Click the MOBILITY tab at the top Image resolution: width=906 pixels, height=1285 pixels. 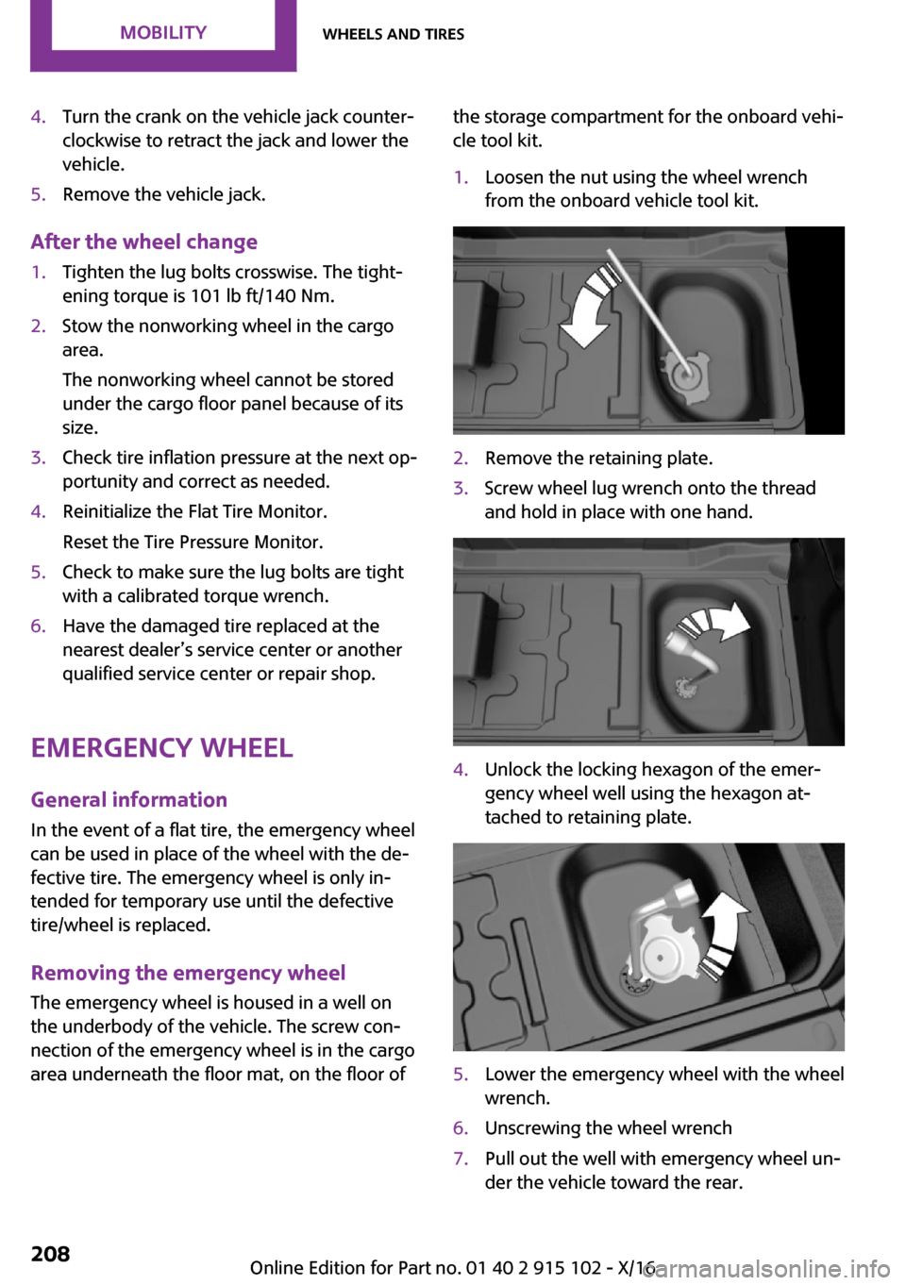tap(162, 33)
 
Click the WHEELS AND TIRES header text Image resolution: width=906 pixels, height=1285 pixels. tap(393, 34)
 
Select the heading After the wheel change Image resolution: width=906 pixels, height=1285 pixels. tap(143, 242)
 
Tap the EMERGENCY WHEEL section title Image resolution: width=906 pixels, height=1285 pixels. tap(161, 748)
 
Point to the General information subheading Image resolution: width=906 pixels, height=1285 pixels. tap(128, 800)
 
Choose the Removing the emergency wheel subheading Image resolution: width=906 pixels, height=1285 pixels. tap(188, 973)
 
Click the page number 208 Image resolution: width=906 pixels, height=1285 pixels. tap(50, 1254)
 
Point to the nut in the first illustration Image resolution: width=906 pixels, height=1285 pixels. tap(687, 373)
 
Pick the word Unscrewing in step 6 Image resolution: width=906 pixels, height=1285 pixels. tap(531, 1128)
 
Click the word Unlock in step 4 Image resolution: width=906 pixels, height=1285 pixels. tap(512, 770)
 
